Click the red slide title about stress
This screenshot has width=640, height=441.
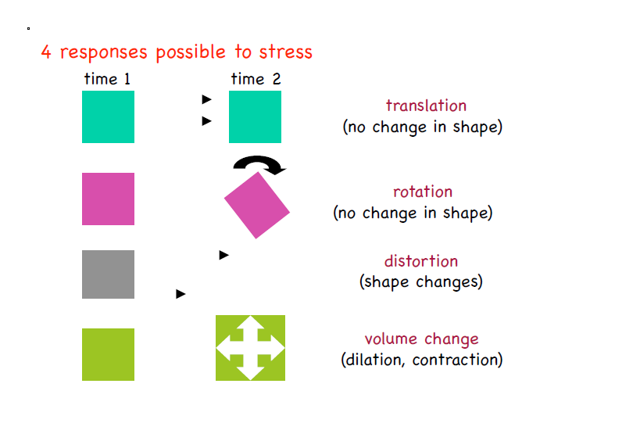pos(177,52)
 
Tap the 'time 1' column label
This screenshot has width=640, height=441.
pos(107,79)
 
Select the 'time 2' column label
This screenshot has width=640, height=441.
pos(256,79)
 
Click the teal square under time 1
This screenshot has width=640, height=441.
pos(108,117)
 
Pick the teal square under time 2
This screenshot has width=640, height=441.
pos(255,117)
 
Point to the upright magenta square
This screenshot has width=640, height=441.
pos(108,199)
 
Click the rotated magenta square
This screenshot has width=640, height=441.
pos(257,206)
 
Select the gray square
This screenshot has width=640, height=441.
pos(108,274)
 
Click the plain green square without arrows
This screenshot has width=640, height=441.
pos(108,354)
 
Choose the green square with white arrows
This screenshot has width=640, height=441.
pos(250,348)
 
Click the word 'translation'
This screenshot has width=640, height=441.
pos(426,106)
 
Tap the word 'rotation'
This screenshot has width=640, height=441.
pos(423,192)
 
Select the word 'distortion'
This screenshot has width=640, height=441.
pos(421,261)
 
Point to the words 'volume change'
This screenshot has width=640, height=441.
pos(422,339)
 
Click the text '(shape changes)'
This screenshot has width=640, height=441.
pos(421,282)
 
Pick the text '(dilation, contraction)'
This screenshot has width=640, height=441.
pos(422,360)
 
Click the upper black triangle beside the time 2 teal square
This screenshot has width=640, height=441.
pos(206,99)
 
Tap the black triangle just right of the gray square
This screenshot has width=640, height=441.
pos(181,294)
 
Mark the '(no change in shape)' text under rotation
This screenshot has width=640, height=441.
pos(413,213)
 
